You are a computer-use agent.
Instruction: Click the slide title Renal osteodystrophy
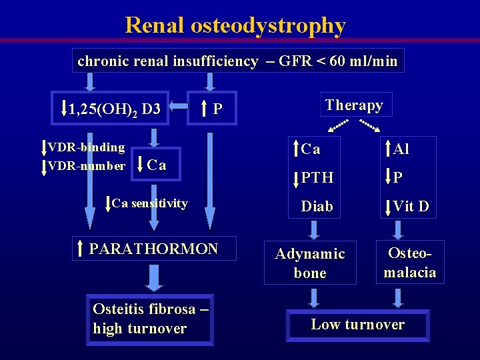point(235,26)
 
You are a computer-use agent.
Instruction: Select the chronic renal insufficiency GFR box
point(237,61)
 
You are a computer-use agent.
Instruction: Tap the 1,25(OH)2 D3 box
point(114,108)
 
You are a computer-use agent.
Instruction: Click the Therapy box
point(355,105)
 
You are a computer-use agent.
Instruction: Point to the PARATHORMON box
point(153,249)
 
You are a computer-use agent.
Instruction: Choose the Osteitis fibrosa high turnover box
point(149,319)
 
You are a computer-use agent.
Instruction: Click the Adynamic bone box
point(310,263)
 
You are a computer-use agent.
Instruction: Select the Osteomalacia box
point(410,263)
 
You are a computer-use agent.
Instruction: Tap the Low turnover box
point(358,325)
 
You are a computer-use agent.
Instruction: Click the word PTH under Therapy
point(317,178)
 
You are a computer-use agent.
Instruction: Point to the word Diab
point(317,207)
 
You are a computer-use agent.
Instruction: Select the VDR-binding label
point(86,147)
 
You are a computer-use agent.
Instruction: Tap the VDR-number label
point(86,165)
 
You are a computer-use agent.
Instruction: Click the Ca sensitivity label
point(149,203)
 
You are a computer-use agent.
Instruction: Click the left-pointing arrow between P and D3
point(178,105)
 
